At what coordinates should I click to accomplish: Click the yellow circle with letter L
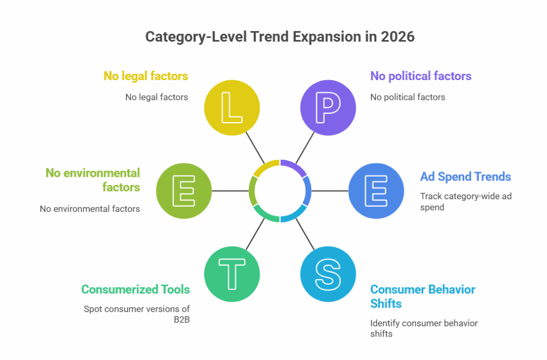pos(232,108)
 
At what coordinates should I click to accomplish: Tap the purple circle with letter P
pos(328,108)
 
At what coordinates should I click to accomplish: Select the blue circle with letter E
pos(376,191)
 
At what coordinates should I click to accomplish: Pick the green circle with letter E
pos(184,191)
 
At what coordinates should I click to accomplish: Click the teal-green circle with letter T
pos(232,274)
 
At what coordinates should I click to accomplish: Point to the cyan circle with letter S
pos(328,274)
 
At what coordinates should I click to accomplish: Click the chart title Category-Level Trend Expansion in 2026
pos(273,37)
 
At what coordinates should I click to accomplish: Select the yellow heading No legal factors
pos(145,76)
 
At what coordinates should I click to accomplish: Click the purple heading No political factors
pos(420,76)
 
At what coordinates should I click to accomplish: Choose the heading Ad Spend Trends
pos(465,177)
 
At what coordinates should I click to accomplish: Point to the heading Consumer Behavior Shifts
pos(422,296)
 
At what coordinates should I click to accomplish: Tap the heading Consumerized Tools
pos(135,289)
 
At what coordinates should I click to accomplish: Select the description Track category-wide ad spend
pos(465,201)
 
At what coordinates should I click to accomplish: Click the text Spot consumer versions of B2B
pos(136,314)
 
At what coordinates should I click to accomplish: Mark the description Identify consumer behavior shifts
pos(424,328)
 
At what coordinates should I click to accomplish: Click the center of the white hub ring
pos(280,191)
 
